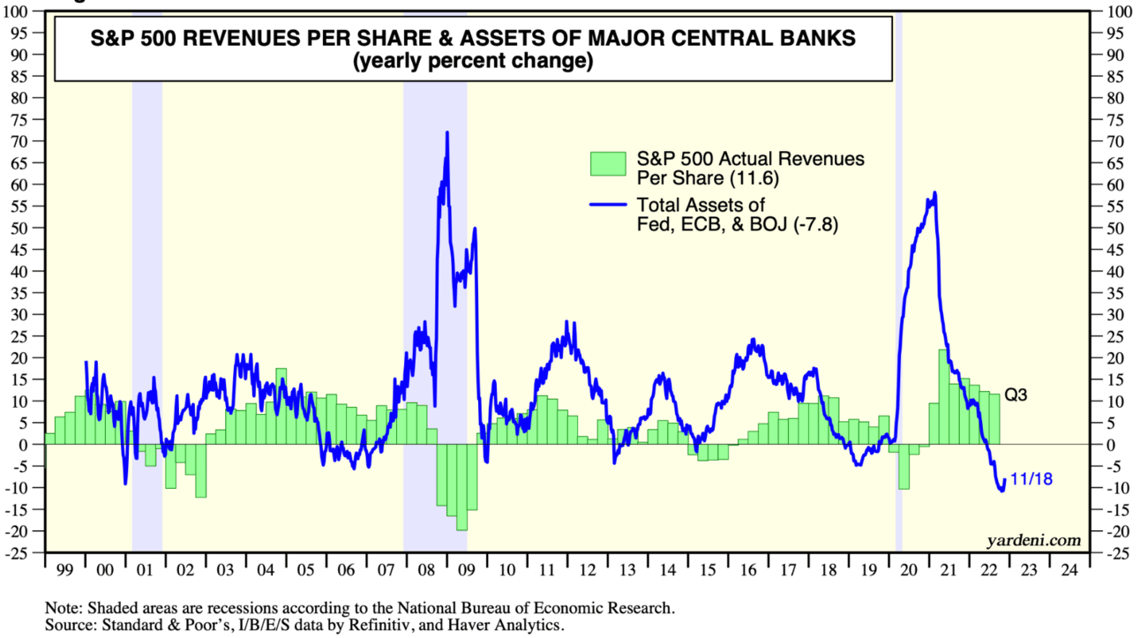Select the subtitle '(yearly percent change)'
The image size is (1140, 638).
tap(472, 63)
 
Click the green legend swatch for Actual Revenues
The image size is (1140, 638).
tap(609, 162)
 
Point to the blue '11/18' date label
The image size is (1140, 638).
tap(1031, 480)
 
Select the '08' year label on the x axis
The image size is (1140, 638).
tap(424, 569)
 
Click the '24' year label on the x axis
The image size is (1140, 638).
tap(1068, 569)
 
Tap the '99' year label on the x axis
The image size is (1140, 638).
tap(64, 569)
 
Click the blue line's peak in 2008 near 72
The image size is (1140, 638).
tap(447, 133)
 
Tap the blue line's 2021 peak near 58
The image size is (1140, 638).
tap(934, 193)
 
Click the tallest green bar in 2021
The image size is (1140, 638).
tap(943, 396)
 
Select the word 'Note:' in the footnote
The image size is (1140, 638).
tap(66, 608)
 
